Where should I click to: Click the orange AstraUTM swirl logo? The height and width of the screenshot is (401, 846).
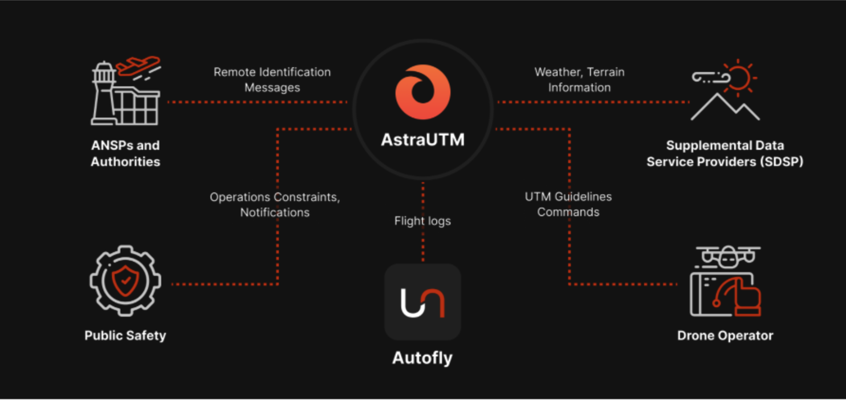423,92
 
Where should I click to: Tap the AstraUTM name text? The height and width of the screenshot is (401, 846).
423,140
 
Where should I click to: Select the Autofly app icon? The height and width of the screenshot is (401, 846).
423,302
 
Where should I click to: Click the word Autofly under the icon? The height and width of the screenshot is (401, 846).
423,358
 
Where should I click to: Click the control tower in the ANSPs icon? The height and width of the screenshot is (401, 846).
103,92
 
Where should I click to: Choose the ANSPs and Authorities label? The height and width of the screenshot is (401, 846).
125,154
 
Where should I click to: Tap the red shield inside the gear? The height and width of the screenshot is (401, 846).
125,280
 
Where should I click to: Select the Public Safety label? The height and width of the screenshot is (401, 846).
125,336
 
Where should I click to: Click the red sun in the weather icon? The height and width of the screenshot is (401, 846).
739,77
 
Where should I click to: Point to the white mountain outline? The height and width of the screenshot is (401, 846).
725,108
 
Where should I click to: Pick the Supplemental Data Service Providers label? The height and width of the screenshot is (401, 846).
725,154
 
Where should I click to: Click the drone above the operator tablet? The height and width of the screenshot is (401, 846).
727,256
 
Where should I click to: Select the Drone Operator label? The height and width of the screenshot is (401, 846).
725,336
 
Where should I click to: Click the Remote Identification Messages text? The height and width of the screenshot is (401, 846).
272,80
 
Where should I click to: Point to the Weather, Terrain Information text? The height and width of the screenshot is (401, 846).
579,80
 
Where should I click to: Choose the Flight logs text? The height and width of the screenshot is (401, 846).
423,221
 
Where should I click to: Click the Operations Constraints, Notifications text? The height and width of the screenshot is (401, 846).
275,205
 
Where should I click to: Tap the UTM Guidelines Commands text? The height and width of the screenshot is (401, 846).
568,204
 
